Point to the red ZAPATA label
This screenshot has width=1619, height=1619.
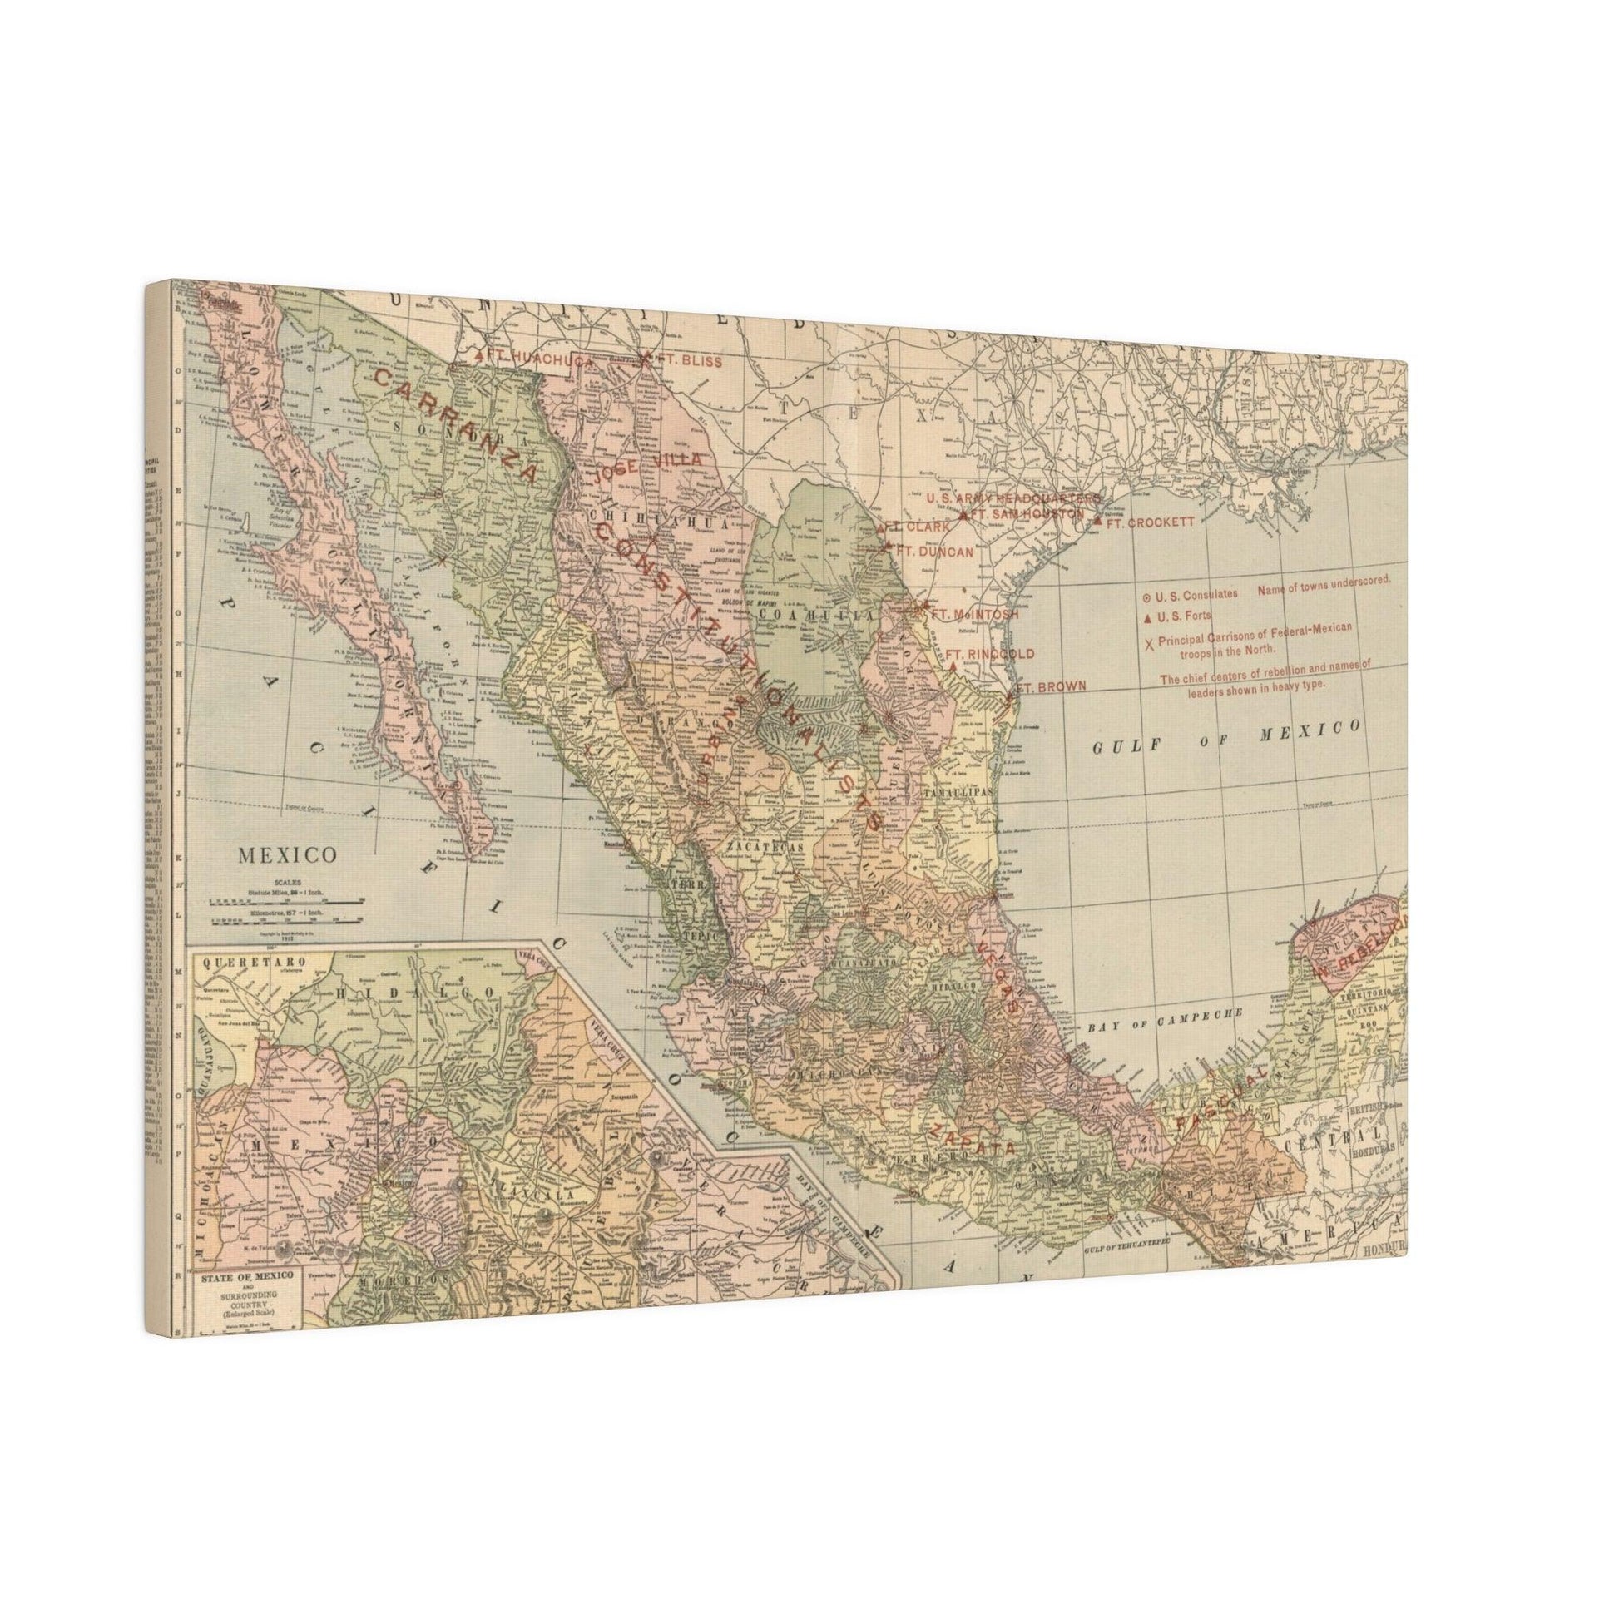(970, 1137)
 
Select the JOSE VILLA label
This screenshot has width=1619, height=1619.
(646, 466)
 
